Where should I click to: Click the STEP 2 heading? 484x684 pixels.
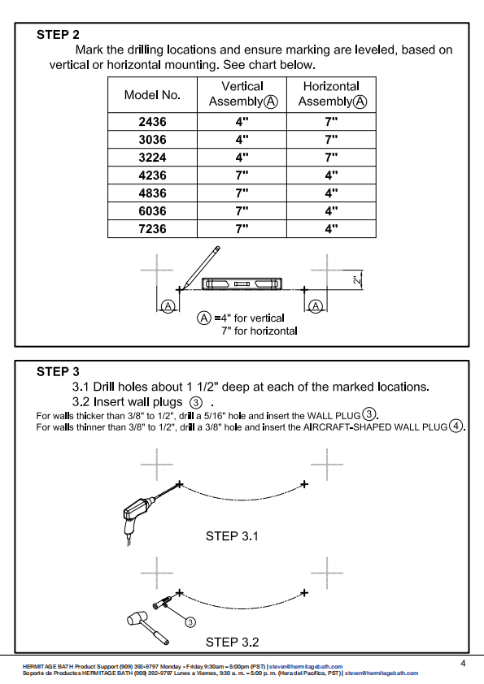[58, 34]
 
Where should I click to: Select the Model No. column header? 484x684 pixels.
[152, 95]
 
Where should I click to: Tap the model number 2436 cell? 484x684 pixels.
[152, 121]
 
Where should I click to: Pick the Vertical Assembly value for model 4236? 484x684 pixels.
[242, 175]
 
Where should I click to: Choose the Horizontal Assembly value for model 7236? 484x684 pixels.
[331, 228]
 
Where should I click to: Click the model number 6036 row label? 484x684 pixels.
[152, 210]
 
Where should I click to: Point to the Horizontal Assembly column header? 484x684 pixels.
[332, 93]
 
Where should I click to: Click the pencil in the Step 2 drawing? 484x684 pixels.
[201, 267]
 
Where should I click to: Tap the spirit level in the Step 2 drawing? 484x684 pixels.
[242, 284]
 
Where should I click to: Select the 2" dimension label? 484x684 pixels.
[357, 279]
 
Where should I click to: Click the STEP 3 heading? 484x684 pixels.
[58, 372]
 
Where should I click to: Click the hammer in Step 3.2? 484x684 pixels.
[148, 628]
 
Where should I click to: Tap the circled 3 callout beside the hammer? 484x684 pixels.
[190, 622]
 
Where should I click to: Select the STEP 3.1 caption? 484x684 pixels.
[232, 535]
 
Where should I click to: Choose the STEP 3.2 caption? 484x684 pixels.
[232, 642]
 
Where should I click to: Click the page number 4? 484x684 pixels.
[463, 664]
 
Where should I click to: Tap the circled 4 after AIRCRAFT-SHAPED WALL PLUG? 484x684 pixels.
[456, 426]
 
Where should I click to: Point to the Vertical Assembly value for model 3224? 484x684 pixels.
[242, 157]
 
